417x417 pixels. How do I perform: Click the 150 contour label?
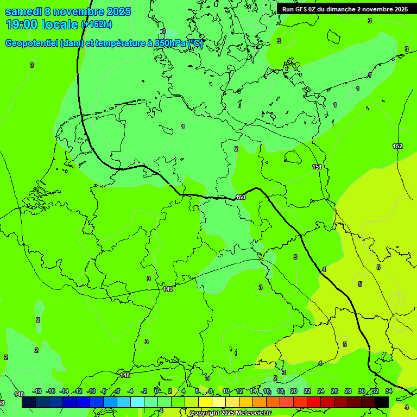[x=241, y=197]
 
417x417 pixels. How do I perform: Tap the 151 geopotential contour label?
[x=317, y=167]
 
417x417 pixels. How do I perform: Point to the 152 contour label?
[x=397, y=146]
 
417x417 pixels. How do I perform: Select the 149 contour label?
[x=168, y=289]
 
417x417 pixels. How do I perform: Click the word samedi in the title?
[x=24, y=11]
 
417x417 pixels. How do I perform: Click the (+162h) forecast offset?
[x=97, y=24]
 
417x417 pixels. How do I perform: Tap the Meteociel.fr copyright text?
[x=230, y=413]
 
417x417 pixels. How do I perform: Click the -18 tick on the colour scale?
[x=37, y=391]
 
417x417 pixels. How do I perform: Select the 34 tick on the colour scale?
[x=389, y=391]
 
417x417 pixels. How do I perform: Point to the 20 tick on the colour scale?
[x=293, y=391]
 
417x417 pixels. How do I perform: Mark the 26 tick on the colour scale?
[x=334, y=391]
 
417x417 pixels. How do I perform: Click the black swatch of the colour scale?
[x=381, y=402]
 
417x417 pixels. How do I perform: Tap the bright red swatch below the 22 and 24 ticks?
[x=313, y=402]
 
